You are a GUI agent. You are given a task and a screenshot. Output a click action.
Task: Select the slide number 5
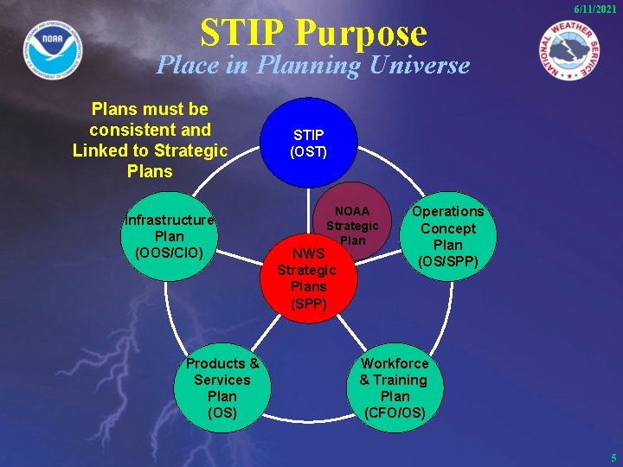613,457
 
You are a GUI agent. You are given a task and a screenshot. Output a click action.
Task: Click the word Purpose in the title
363,33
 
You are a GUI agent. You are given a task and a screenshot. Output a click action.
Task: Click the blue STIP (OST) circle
309,143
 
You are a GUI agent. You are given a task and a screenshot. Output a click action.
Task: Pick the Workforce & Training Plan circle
395,387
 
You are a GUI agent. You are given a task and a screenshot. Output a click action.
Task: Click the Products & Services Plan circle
222,387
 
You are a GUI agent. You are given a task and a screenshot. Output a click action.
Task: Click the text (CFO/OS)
395,413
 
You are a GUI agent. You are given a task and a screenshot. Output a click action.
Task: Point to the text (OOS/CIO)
170,253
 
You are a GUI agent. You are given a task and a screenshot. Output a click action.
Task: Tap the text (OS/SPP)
447,261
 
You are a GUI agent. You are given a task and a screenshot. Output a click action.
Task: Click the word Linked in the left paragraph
100,150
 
